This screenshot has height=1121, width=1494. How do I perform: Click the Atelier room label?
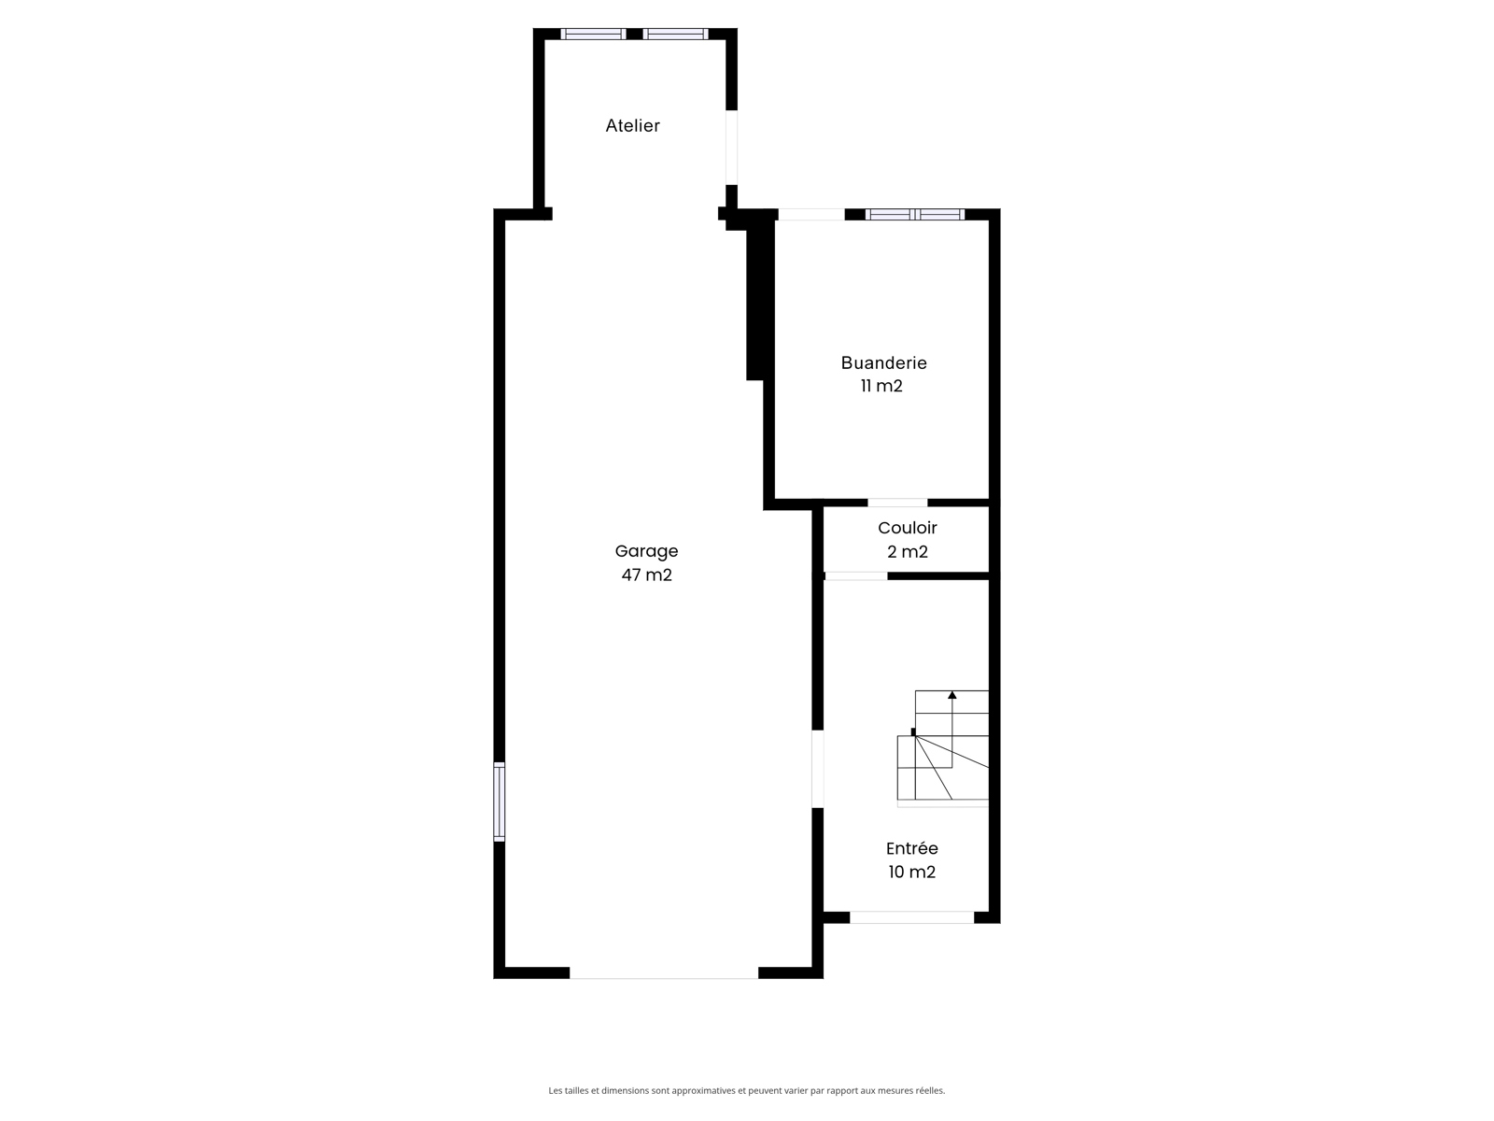632,126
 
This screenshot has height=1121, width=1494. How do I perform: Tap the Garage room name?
646,551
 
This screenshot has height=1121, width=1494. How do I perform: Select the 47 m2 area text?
646,575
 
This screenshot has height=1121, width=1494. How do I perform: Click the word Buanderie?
883,362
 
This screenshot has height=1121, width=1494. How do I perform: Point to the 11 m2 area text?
881,386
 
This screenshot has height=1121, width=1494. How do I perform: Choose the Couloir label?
908,528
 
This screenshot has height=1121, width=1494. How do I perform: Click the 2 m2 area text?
908,551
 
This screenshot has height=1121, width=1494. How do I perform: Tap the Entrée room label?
912,849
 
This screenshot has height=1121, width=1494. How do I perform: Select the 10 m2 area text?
911,872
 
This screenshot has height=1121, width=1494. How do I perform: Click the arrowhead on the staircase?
952,695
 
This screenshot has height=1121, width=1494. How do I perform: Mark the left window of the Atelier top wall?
593,34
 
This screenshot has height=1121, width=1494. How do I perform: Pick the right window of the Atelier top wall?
675,34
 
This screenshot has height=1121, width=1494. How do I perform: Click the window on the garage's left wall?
499,802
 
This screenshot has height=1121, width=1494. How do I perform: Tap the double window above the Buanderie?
915,215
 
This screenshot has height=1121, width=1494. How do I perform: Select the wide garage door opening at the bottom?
664,972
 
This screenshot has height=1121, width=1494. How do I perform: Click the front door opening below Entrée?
912,917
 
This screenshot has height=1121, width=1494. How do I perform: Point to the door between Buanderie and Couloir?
897,503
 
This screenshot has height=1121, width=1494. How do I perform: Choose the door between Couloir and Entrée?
855,576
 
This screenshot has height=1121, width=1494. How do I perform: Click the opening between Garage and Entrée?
817,769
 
